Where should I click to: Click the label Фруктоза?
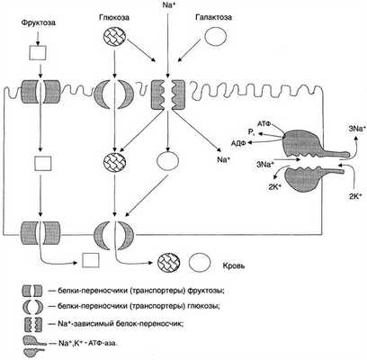(x=39, y=22)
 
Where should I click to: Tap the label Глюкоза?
(x=114, y=18)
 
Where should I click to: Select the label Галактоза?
(x=213, y=17)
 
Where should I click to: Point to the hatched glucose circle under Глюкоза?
(x=114, y=38)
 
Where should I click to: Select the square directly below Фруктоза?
(x=38, y=53)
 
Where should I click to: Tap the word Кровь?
(x=234, y=265)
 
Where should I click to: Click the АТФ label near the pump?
(x=264, y=122)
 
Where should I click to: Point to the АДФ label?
(x=238, y=143)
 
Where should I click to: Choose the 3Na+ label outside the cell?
(x=357, y=129)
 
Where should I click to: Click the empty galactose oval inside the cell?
(x=168, y=161)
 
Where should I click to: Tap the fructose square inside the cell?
(x=43, y=164)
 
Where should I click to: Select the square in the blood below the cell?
(x=91, y=260)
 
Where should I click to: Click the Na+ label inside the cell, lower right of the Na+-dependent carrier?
(x=223, y=159)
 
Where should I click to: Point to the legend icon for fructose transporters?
(x=32, y=291)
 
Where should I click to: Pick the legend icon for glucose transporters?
(x=32, y=307)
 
